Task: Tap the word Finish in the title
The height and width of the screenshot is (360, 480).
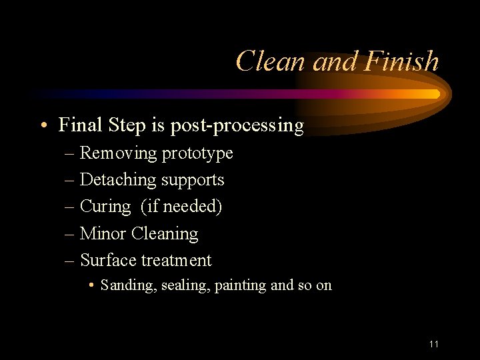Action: click(x=402, y=61)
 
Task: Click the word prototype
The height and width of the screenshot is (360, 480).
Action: click(x=197, y=154)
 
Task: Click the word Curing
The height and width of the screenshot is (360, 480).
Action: click(x=105, y=207)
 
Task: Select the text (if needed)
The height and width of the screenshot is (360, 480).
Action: click(x=181, y=207)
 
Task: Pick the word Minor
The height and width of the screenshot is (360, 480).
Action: click(x=103, y=233)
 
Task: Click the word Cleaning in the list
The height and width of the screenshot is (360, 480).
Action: click(x=165, y=234)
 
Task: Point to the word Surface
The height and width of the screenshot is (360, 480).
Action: click(x=107, y=260)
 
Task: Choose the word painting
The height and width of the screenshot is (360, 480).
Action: click(x=241, y=286)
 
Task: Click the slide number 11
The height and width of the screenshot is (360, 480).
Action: click(x=434, y=344)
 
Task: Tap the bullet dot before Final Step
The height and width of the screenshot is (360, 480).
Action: click(x=42, y=125)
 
